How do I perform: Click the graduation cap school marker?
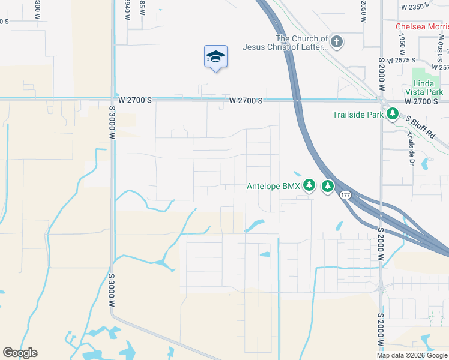pos(215,57)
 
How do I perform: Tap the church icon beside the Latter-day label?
pos(337,42)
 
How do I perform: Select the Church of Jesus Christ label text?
pos(285,43)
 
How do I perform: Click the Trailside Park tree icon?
pos(393,113)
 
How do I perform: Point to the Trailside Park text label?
pos(358,114)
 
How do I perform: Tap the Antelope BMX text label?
pos(273,186)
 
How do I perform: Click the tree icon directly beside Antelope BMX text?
pos(309,185)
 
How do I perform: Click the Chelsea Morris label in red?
pos(422,27)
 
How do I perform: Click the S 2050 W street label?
pos(364,11)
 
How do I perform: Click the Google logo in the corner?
pos(20,353)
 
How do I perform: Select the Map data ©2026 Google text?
pos(412,355)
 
